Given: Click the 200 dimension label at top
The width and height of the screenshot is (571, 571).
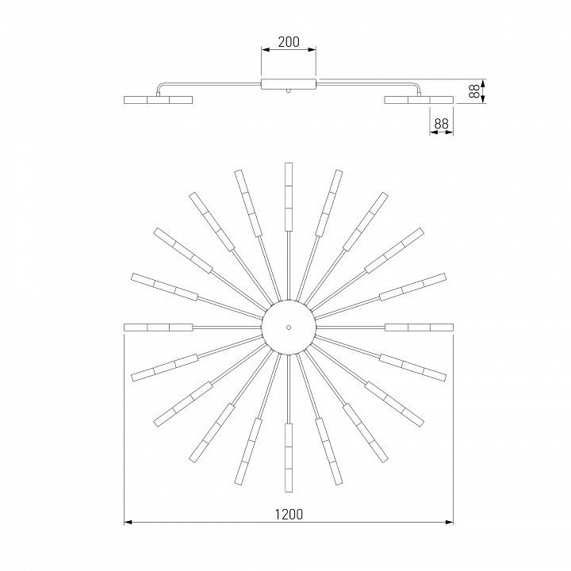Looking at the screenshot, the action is [x=289, y=42].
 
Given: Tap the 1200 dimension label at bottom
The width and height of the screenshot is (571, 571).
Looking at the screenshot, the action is [x=289, y=514].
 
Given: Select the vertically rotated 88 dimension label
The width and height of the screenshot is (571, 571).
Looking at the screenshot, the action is [x=473, y=91].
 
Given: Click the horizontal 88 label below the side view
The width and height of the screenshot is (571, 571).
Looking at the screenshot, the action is [x=442, y=124].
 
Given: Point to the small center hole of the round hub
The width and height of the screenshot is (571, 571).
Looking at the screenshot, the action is [x=289, y=328].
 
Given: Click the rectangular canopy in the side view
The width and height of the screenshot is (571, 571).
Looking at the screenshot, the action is [x=289, y=84].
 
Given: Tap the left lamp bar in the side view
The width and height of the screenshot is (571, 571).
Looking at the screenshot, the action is [x=158, y=100].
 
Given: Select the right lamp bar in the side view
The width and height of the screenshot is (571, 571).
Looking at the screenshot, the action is [x=420, y=100].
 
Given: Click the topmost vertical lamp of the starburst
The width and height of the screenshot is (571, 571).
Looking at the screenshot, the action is [x=289, y=197].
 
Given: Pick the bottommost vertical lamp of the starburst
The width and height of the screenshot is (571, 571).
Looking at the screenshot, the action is [x=289, y=458].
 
